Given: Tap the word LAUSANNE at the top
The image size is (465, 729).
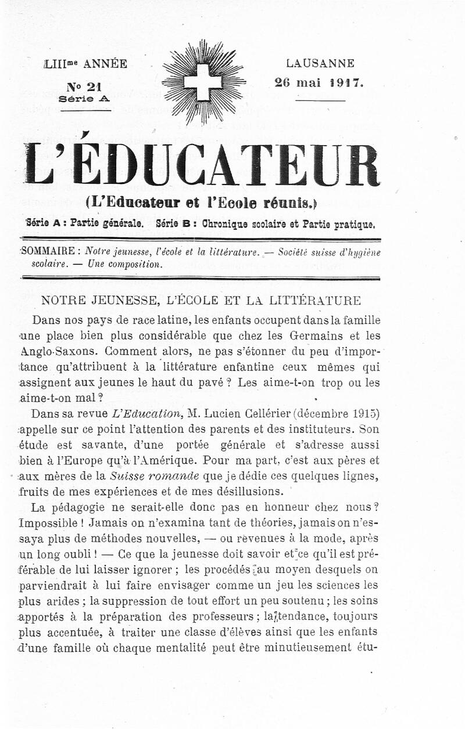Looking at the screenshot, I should [320, 64].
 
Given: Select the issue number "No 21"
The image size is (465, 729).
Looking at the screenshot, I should [84, 87].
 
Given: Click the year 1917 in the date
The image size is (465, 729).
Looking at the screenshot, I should [346, 82].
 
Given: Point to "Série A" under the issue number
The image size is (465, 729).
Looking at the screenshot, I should [84, 99].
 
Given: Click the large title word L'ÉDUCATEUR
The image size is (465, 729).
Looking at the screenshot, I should [201, 167].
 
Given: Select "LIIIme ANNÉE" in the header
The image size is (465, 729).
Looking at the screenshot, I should [85, 64].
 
